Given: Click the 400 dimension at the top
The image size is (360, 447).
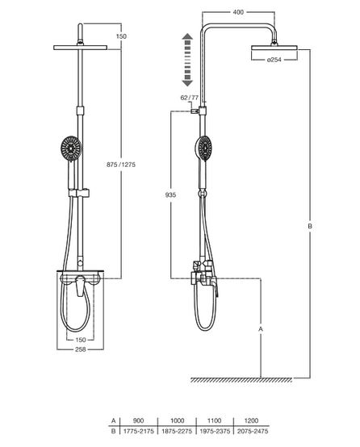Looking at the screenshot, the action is [238, 12].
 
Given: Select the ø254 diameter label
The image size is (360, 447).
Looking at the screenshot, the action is [274, 60].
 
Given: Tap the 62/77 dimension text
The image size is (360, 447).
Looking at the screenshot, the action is [189, 98].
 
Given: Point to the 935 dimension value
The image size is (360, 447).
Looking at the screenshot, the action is [170, 195].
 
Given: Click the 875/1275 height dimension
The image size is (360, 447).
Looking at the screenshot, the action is [121, 165].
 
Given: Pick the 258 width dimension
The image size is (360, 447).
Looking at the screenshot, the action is [81, 349].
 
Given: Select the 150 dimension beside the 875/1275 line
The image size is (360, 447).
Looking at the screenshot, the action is [121, 36].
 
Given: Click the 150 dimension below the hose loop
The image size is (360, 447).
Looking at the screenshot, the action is [81, 340].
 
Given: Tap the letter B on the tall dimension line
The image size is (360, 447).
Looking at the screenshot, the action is [310, 227].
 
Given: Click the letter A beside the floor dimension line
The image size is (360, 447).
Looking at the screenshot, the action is [261, 329].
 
